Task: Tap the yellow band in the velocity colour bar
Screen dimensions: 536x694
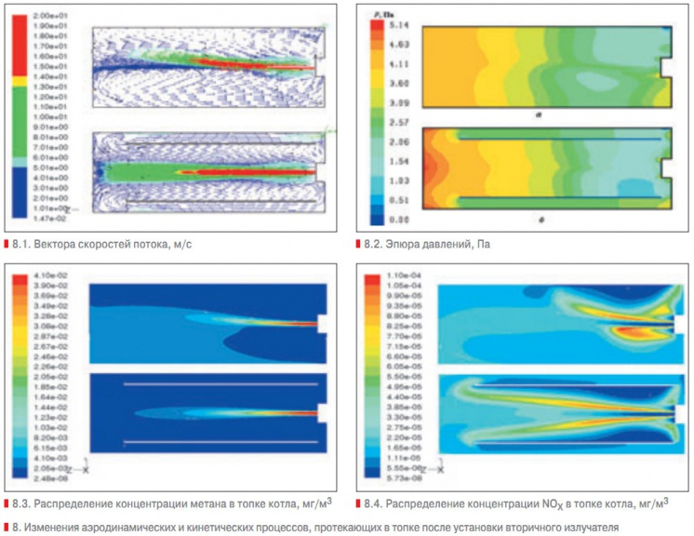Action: point(20,82)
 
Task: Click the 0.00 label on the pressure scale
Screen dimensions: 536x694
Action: point(398,220)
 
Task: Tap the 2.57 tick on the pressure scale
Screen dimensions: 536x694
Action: point(398,123)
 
